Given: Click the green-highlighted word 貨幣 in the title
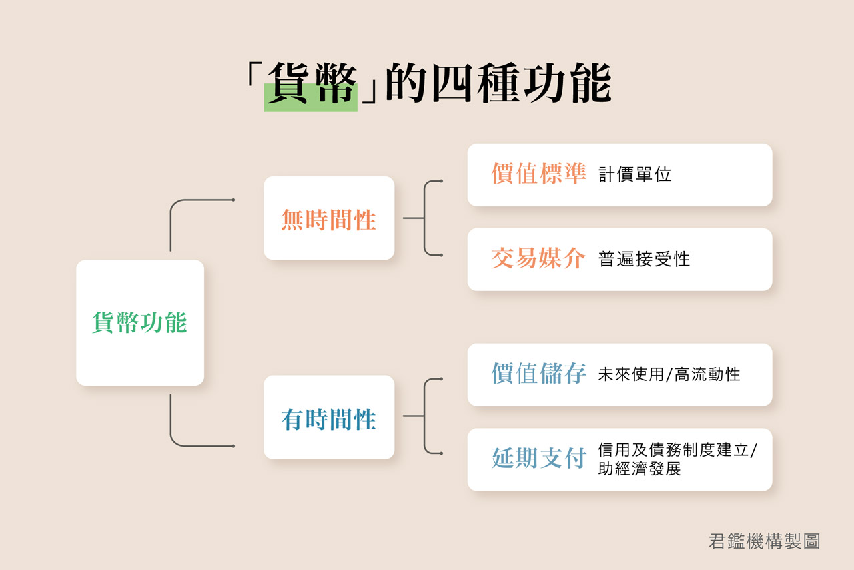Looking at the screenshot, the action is coord(312,83).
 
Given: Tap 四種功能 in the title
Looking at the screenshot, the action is coord(522,83).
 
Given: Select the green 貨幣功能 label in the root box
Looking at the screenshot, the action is coord(139,322).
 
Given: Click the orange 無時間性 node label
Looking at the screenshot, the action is coord(329,220).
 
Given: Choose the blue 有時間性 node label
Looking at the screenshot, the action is coord(329,419).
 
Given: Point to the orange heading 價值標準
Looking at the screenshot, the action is coord(538,174).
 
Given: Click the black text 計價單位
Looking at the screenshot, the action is coord(634,174).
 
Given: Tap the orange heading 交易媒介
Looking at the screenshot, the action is coord(538,258).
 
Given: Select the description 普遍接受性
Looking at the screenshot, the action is coord(644,259).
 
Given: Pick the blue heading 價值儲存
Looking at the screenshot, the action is coord(538,373).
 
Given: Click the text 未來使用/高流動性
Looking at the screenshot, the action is coord(669,374).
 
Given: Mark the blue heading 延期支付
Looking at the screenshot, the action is coord(538,458).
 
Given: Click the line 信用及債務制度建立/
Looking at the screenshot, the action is coord(677,450).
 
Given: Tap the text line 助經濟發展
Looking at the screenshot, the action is coord(639,469).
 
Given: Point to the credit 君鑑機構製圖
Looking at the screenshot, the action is coord(765,541).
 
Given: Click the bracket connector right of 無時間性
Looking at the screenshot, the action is coord(424,218).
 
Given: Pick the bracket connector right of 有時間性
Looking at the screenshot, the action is coord(424,416).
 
